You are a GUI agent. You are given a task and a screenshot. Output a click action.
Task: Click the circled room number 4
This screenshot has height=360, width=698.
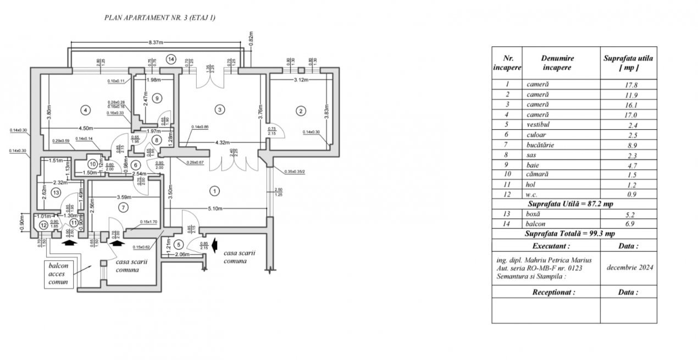click(85, 110)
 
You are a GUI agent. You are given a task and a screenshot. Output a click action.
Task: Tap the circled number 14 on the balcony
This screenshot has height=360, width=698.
click(171, 59)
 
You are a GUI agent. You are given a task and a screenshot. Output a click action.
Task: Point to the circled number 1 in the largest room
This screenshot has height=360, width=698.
click(214, 191)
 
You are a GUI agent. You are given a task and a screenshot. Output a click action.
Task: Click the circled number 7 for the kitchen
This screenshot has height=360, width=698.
click(123, 207)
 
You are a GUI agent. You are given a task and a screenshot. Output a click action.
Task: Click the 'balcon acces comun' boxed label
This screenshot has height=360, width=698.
click(57, 273)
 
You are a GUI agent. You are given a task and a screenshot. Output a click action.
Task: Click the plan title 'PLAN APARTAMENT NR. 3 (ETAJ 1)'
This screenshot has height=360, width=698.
click(160, 18)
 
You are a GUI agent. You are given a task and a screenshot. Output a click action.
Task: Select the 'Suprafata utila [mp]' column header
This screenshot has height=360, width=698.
click(628, 63)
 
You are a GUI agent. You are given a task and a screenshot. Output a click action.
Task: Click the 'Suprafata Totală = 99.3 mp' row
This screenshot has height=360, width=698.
click(574, 234)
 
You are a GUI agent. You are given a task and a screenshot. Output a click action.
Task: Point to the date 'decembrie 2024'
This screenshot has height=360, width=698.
click(628, 267)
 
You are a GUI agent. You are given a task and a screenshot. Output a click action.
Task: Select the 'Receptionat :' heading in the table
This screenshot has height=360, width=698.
click(553, 292)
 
